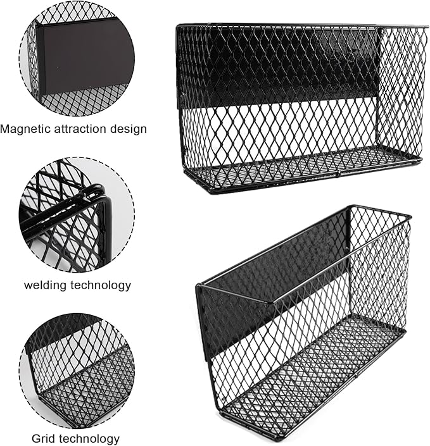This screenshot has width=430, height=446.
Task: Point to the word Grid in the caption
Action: tap(44, 438)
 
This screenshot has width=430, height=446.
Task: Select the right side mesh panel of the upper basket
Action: tap(401, 89)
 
